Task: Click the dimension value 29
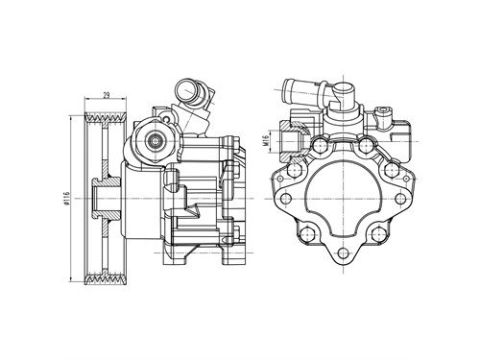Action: [x=107, y=95]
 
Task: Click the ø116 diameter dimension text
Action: [x=66, y=198]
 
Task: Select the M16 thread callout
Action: [x=265, y=141]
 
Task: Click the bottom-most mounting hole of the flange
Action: [x=343, y=252]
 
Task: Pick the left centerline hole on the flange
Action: [x=286, y=199]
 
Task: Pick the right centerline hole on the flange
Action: [x=400, y=199]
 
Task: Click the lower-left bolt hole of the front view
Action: [x=308, y=234]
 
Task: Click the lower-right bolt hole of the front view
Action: [x=378, y=234]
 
